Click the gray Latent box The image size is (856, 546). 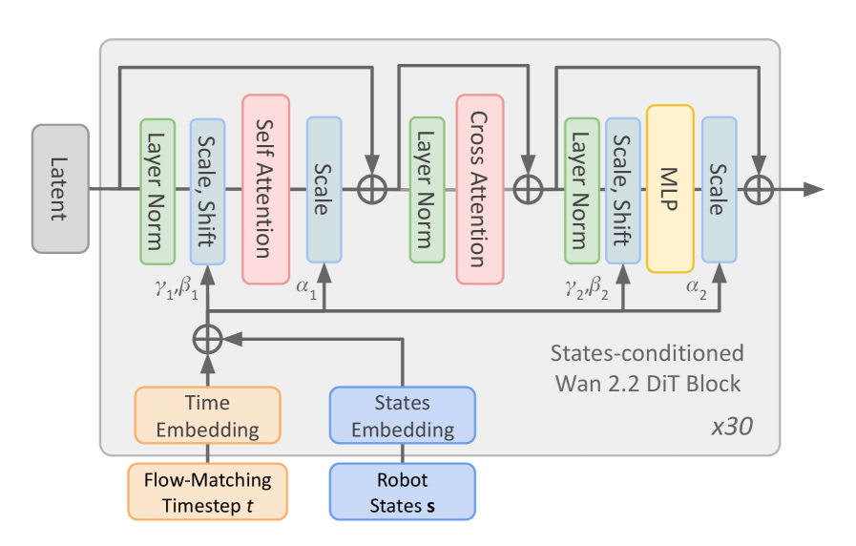[60, 188]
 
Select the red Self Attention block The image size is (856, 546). [265, 188]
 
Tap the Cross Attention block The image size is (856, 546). [479, 188]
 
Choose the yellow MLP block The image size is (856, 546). [669, 188]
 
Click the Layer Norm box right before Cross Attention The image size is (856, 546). [427, 188]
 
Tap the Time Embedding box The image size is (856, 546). [207, 415]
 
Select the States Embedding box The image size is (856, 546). [402, 415]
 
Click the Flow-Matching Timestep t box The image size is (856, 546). [207, 492]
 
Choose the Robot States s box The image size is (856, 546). [402, 492]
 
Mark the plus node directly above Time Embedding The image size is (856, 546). [207, 338]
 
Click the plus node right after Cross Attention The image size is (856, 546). [528, 189]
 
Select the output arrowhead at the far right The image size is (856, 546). [813, 189]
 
